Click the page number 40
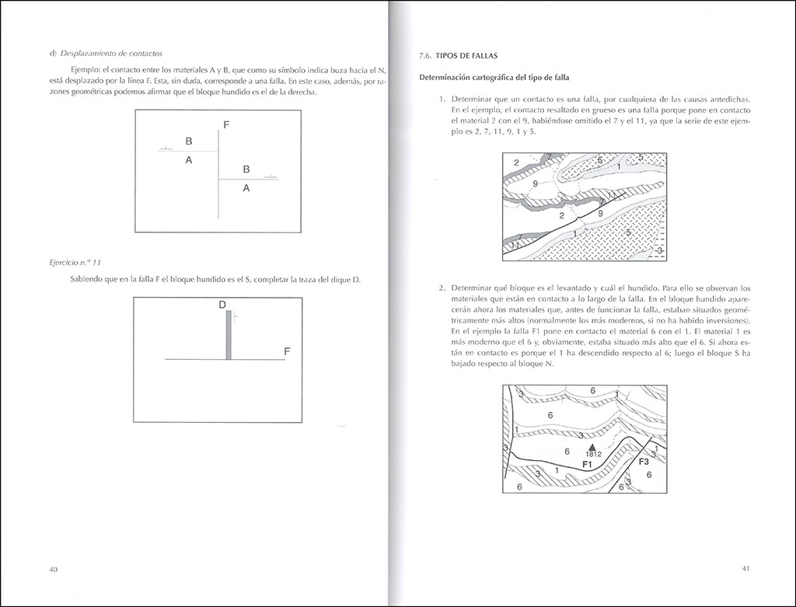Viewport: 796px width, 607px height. click(54, 569)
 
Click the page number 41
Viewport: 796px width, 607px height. click(745, 568)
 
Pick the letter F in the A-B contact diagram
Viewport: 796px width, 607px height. click(225, 124)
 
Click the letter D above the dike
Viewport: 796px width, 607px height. click(222, 305)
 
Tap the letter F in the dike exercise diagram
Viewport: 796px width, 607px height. click(287, 351)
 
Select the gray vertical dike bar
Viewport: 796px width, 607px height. click(229, 335)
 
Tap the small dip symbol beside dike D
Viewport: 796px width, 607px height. click(235, 317)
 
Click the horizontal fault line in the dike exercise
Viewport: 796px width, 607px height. click(194, 360)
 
